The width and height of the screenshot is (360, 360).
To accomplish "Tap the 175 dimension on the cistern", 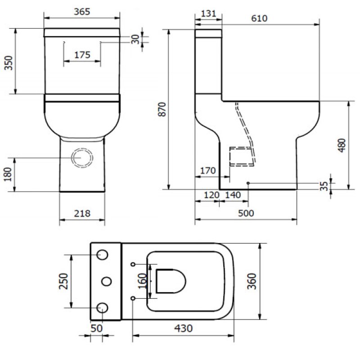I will [x=82, y=54].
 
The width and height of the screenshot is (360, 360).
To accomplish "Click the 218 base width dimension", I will [x=82, y=214].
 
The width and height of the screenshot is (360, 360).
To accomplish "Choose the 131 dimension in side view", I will [x=208, y=13].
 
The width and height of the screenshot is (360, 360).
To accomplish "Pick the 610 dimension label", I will [x=260, y=18].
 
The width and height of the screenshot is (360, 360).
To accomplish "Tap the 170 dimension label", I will [x=207, y=171].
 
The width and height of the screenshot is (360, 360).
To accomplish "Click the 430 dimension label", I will [x=184, y=328].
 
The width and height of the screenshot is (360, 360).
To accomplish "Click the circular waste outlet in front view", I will [x=82, y=158].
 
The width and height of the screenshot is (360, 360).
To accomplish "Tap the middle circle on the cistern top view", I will [x=107, y=281].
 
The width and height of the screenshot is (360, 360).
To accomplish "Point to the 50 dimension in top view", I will [x=96, y=328].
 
